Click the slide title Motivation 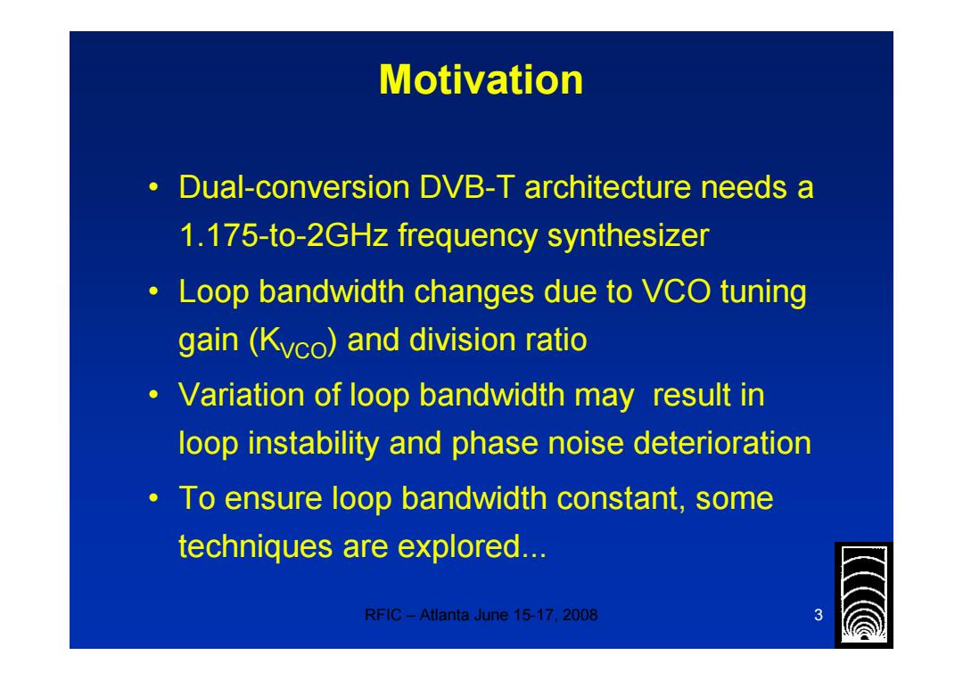click(x=481, y=80)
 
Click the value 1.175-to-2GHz click(x=284, y=235)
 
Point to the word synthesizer click(x=628, y=236)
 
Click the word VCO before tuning click(x=676, y=291)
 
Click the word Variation click(x=242, y=395)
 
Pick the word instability click(x=314, y=443)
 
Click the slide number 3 click(x=818, y=615)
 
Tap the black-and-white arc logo click(x=863, y=594)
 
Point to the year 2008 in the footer click(x=580, y=615)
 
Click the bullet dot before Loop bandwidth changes click(x=153, y=291)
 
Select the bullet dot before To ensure click(x=153, y=498)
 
